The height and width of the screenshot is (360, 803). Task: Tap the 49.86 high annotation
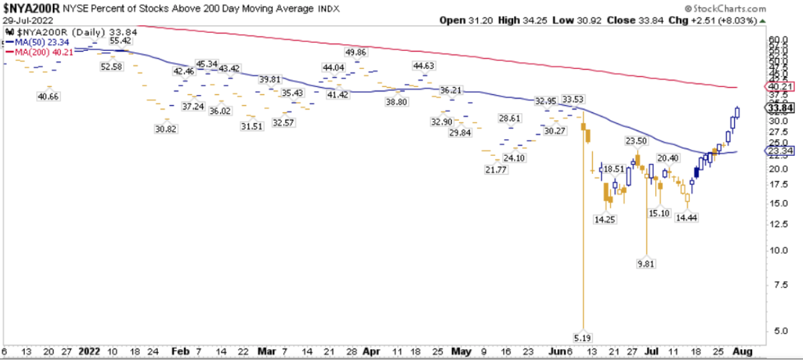pyautogui.click(x=355, y=52)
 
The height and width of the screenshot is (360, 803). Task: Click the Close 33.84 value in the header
pyautogui.click(x=628, y=20)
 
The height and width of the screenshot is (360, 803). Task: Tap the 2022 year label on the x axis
pyautogui.click(x=88, y=351)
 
